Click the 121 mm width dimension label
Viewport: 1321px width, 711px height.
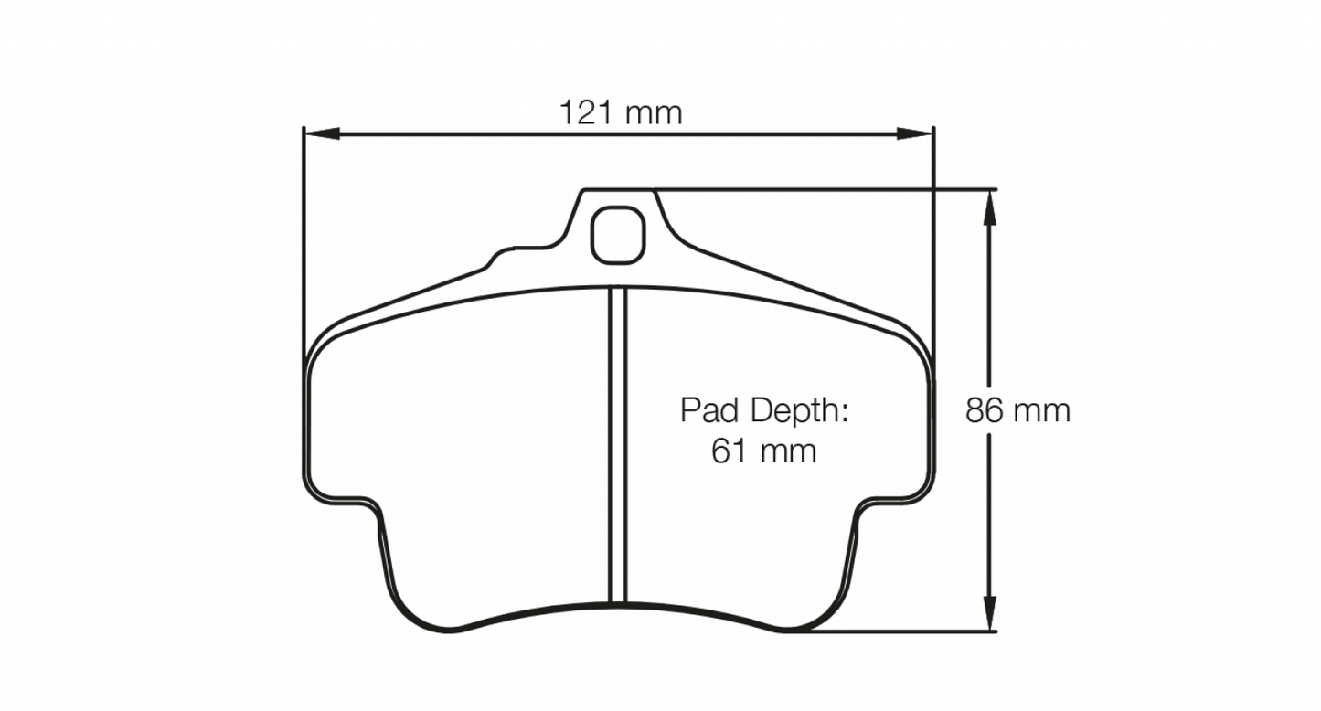[621, 113]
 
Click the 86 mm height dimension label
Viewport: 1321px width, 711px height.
[1017, 411]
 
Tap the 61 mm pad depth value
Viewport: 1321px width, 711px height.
[763, 451]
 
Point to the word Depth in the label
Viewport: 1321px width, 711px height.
[799, 410]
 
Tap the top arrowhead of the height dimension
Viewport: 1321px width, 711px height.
[988, 207]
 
